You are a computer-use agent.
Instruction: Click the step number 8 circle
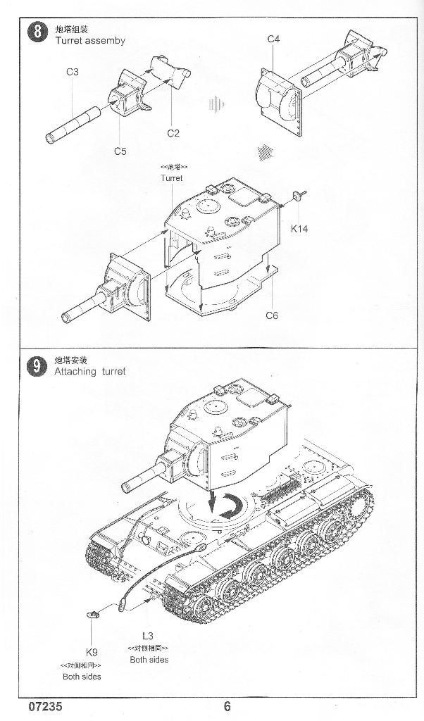tap(32, 34)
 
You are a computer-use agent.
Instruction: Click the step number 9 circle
tap(32, 366)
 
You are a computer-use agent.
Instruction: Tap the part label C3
tap(72, 72)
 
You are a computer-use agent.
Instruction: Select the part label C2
tap(174, 133)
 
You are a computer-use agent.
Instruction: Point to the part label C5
tap(120, 151)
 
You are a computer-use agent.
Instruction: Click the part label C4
tap(273, 39)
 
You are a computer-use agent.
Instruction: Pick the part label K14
tap(299, 228)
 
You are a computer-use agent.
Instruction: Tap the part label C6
tap(272, 315)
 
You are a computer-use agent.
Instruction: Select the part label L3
tap(148, 635)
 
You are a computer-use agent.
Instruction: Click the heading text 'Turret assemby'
tap(90, 41)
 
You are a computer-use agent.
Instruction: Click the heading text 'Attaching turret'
tap(90, 372)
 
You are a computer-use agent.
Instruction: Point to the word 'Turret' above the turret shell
tap(171, 179)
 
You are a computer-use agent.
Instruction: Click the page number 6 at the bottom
tap(227, 707)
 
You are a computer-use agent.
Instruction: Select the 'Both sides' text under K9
tap(82, 676)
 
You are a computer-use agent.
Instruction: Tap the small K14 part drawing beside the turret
tap(299, 195)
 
